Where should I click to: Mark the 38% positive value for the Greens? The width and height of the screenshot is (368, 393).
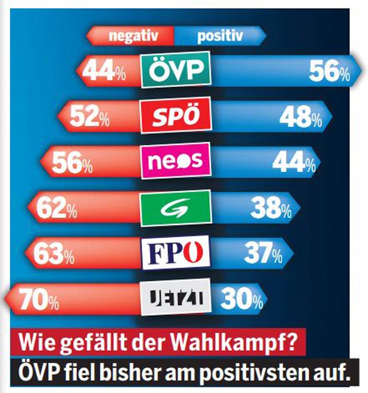point(269,208)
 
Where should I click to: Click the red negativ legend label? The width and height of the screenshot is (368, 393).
point(132,36)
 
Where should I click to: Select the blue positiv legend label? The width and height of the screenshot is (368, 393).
point(220,36)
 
